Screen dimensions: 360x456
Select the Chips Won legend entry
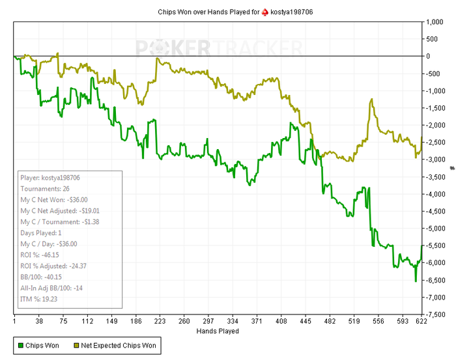pos(40,345)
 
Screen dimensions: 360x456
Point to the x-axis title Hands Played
pos(218,331)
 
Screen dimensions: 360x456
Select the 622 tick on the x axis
pos(421,321)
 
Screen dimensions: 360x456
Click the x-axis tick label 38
pos(38,321)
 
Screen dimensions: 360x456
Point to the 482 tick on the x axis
pos(330,321)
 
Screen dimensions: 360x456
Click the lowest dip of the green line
pos(416,281)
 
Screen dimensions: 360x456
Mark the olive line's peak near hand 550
pos(371,100)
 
